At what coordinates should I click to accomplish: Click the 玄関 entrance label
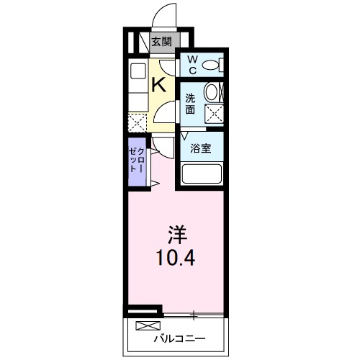click(x=161, y=42)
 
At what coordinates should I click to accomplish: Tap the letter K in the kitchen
click(x=159, y=84)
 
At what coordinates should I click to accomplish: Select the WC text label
click(x=192, y=65)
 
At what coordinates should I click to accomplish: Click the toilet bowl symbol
click(x=210, y=65)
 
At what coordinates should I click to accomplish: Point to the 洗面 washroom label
click(x=189, y=104)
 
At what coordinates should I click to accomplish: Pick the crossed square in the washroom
click(x=214, y=113)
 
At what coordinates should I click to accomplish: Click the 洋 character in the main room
click(x=177, y=233)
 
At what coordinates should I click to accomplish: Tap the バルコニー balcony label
click(x=179, y=337)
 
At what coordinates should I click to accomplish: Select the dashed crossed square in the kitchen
click(x=137, y=122)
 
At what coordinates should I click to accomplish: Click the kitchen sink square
click(x=137, y=71)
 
